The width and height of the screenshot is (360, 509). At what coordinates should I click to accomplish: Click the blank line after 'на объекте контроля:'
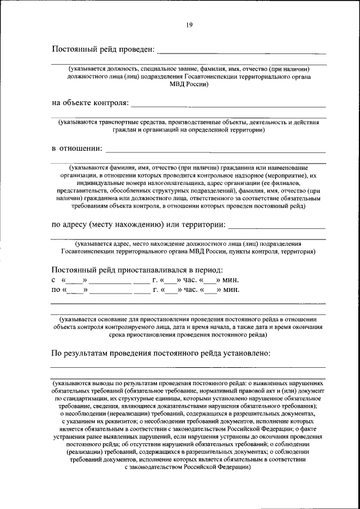228,106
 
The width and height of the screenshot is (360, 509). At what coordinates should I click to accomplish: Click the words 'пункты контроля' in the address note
254,251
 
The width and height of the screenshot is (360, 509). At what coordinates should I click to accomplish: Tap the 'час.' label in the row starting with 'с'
191,280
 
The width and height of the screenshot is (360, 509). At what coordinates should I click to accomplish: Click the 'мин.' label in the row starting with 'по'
231,290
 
